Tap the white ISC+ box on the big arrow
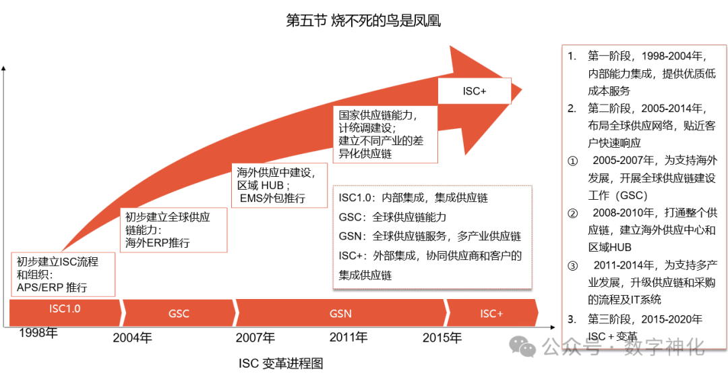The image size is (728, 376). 474,91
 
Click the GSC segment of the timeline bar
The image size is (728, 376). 179,313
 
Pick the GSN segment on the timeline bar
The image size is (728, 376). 340,313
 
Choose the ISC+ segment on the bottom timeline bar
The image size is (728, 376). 491,313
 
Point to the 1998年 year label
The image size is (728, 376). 38,332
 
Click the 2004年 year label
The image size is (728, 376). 132,337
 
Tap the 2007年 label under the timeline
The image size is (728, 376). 255,337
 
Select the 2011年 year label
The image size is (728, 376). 348,337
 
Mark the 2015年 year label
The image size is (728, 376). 442,337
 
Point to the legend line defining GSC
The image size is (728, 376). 392,217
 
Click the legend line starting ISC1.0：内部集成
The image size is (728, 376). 413,198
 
